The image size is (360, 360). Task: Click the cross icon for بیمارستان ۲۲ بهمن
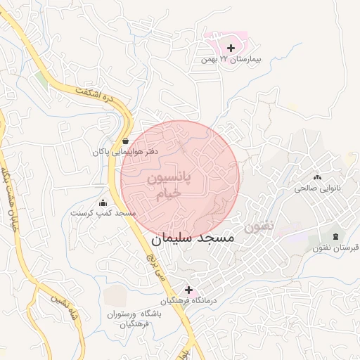pyautogui.click(x=231, y=47)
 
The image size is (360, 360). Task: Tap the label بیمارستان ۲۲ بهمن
pyautogui.click(x=231, y=60)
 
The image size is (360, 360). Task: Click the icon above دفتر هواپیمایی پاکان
pyautogui.click(x=125, y=140)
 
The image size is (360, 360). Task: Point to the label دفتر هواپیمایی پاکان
pyautogui.click(x=125, y=151)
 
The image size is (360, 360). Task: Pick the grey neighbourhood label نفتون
pyautogui.click(x=258, y=226)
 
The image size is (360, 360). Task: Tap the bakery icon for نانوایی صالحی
pyautogui.click(x=316, y=177)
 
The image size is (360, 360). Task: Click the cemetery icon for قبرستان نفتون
pyautogui.click(x=335, y=236)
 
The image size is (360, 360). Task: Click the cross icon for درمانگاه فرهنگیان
pyautogui.click(x=188, y=289)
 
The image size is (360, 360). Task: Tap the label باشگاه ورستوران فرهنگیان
pyautogui.click(x=132, y=319)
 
